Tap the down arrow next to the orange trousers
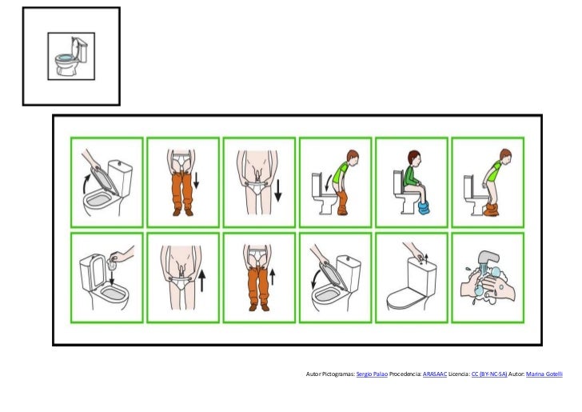coord(198,184)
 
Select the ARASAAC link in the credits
coord(434,373)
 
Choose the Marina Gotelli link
coord(545,373)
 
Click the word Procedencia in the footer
coord(405,373)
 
